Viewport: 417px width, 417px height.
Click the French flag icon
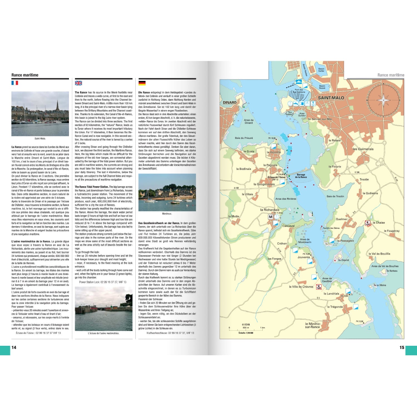point(15,83)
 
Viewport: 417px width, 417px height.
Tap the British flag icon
point(78,83)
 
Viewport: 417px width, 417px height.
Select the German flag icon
point(142,83)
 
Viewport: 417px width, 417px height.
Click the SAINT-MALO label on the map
point(331,98)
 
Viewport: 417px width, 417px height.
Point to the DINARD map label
point(230,103)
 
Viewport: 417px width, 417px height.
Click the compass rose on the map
point(383,100)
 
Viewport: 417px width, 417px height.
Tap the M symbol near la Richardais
point(270,217)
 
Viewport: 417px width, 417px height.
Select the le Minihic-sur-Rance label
point(313,325)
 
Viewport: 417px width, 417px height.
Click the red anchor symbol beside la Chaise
point(368,223)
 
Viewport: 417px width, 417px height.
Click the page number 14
point(14,348)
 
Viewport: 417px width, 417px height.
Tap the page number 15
point(402,348)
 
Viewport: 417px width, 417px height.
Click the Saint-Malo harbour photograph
point(40,114)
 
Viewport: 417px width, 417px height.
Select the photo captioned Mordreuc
point(167,192)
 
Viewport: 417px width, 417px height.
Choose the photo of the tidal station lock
point(103,309)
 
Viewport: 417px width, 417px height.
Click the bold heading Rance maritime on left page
point(25,75)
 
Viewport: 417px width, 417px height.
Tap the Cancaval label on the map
point(288,226)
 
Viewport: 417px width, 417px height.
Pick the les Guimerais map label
point(363,149)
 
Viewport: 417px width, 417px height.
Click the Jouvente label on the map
point(304,257)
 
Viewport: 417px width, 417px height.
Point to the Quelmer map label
point(342,219)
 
